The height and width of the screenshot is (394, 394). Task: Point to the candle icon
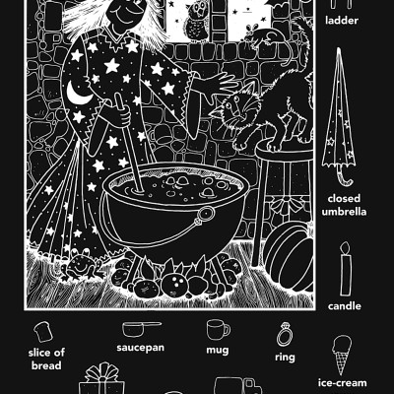click(344, 269)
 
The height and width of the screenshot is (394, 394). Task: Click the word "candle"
click(344, 306)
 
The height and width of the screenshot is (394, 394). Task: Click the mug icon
click(217, 329)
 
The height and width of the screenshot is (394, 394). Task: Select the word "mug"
click(217, 350)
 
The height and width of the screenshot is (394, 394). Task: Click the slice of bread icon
click(42, 329)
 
